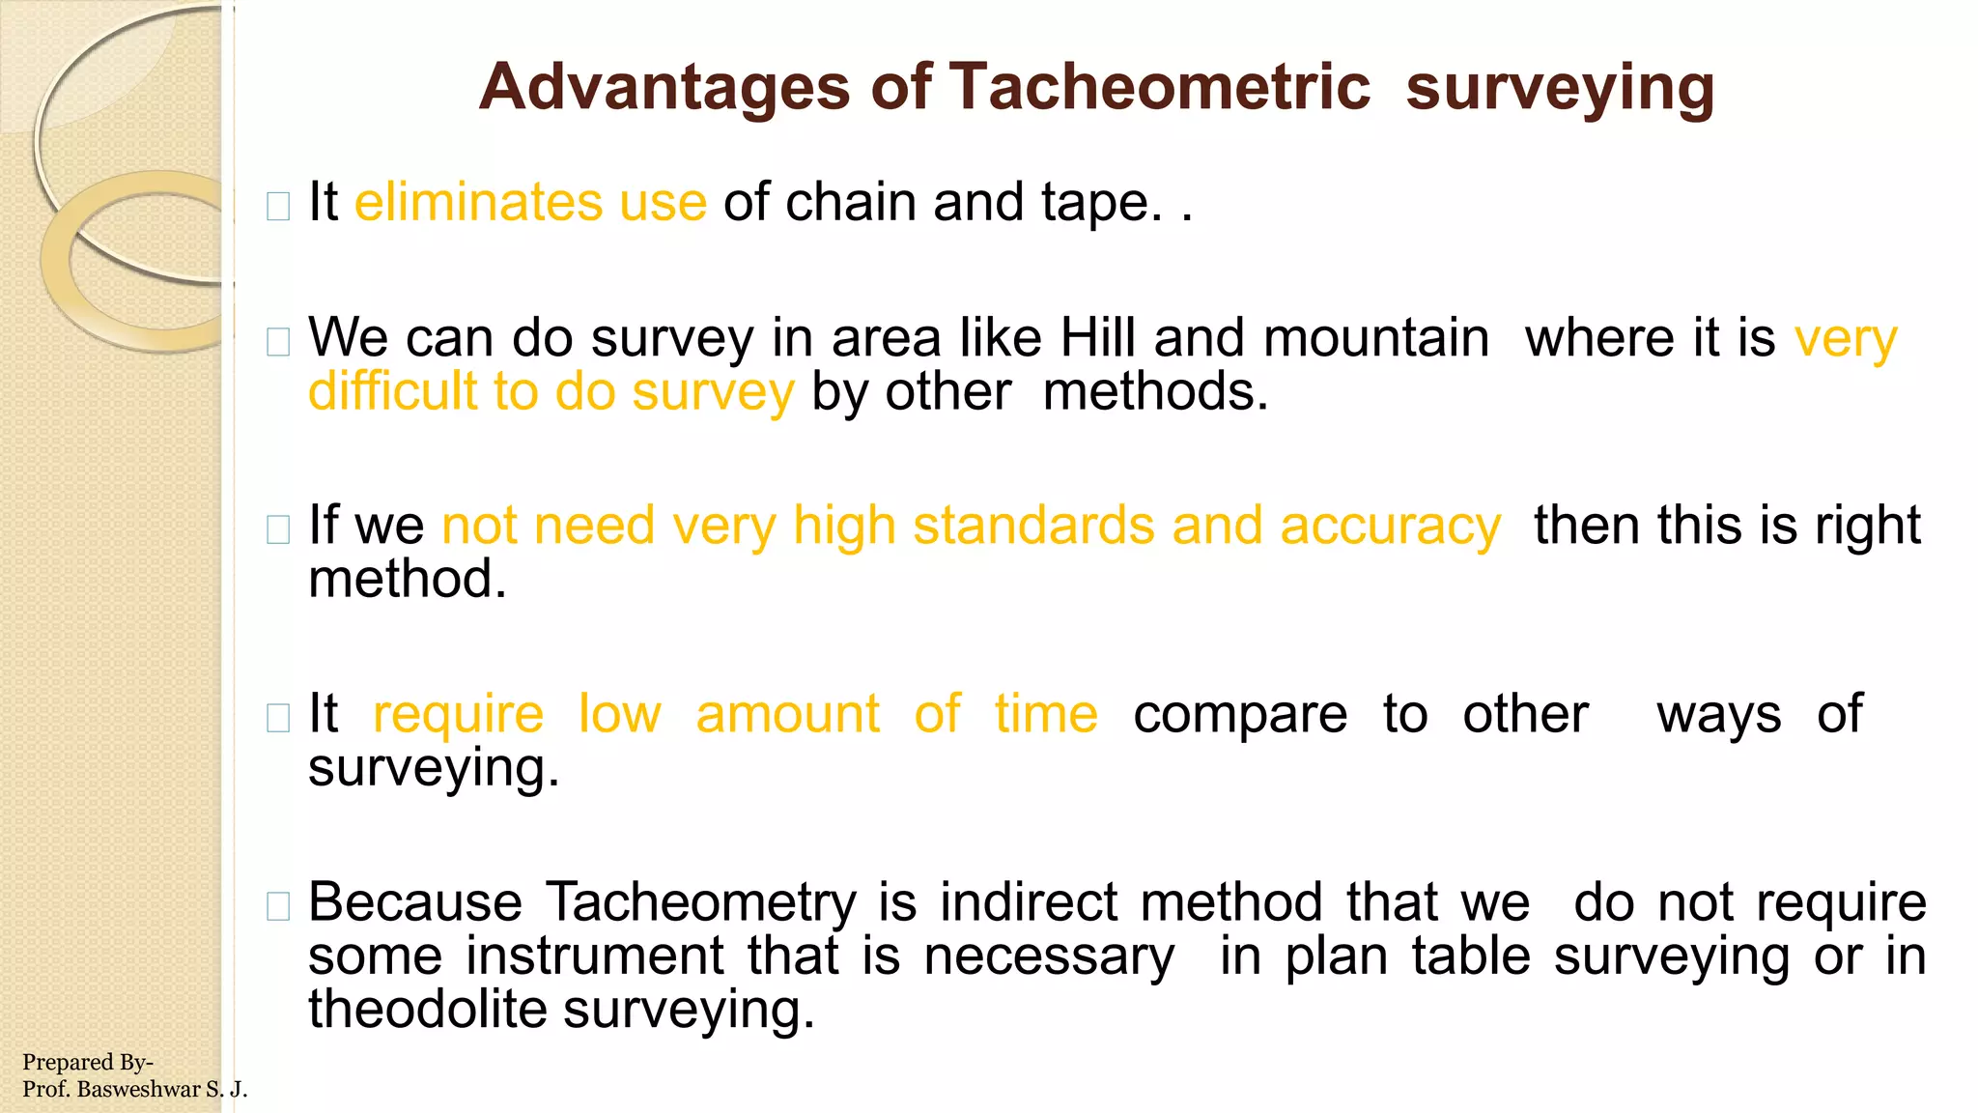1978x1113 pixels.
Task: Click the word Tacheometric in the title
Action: pyautogui.click(x=1159, y=87)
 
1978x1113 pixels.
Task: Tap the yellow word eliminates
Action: pyautogui.click(x=478, y=202)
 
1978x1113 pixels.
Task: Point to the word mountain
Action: pyautogui.click(x=1375, y=338)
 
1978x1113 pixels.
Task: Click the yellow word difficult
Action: pyautogui.click(x=393, y=392)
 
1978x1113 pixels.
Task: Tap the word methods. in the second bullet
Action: pyautogui.click(x=1155, y=392)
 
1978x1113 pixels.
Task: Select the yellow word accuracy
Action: pyautogui.click(x=1390, y=527)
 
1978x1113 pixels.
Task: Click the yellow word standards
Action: pyautogui.click(x=1033, y=527)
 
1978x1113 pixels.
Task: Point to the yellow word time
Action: pyautogui.click(x=1046, y=715)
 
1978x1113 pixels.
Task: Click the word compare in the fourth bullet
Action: pyautogui.click(x=1239, y=715)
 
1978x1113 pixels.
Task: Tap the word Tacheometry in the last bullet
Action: pyautogui.click(x=701, y=902)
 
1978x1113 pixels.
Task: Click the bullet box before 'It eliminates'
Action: pyautogui.click(x=278, y=206)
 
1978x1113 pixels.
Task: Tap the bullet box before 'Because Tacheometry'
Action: pyautogui.click(x=278, y=906)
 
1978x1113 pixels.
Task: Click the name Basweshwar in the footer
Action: pyautogui.click(x=138, y=1090)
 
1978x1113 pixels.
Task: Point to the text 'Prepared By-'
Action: pyautogui.click(x=87, y=1062)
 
